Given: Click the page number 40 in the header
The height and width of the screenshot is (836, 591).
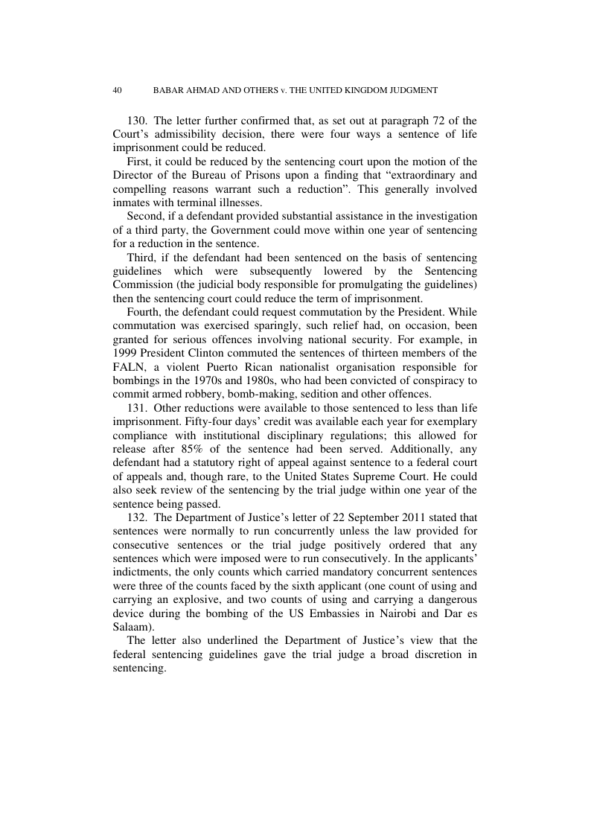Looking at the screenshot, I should [x=117, y=90].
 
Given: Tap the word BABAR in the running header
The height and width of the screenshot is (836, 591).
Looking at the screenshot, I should [x=167, y=90].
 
